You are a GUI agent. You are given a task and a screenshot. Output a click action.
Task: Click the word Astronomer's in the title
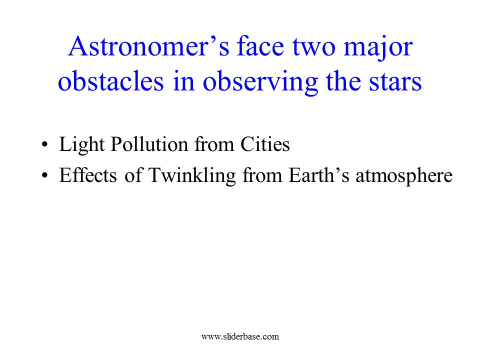point(148,46)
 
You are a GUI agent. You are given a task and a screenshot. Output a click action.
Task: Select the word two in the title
point(314,48)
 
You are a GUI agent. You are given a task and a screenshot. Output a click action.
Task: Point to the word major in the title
point(378,49)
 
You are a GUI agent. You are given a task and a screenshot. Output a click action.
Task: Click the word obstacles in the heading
point(111,81)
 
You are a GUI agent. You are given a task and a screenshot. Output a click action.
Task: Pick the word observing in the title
point(260,82)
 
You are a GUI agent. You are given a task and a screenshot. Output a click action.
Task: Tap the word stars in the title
point(395,81)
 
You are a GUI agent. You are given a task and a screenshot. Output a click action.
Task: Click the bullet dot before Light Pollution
point(45,144)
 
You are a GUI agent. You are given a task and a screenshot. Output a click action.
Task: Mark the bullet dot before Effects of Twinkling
point(45,175)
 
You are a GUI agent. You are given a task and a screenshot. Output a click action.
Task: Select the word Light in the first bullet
point(81,144)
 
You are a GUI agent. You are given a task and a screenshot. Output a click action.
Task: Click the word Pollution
point(149,144)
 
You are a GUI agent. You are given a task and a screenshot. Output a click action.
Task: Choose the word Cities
point(265,144)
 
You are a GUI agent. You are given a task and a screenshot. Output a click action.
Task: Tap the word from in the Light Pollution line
point(214,144)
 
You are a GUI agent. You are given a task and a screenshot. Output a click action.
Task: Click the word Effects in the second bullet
point(88,175)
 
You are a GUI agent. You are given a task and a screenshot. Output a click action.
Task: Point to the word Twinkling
point(192,176)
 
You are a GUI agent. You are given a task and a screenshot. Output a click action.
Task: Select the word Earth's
point(318,175)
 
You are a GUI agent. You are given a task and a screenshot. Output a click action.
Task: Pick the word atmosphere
point(404,176)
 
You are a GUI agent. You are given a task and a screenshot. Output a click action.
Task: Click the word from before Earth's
point(262,175)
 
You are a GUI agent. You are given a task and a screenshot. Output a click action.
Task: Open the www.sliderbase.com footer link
point(240,336)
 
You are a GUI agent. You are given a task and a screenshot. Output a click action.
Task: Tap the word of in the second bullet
point(133,175)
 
